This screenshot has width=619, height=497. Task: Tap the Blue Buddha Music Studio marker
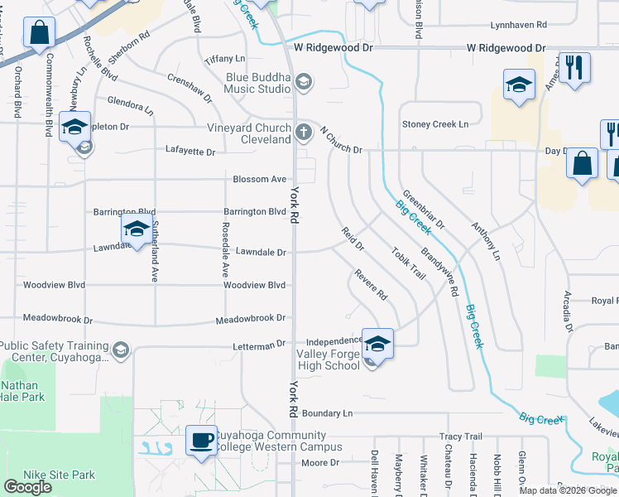point(304,81)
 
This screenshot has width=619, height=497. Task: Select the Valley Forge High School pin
point(377,342)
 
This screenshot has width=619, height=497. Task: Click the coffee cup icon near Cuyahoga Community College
point(200,439)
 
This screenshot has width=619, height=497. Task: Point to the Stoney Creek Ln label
point(435,124)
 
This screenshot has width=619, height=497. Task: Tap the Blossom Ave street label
point(260,179)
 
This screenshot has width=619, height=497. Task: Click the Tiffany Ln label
point(226,58)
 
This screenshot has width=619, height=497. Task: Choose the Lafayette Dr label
point(190,152)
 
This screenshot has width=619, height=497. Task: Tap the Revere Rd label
point(371,283)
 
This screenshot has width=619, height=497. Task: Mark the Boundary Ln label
point(327,413)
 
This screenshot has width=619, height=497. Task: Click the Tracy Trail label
point(461,437)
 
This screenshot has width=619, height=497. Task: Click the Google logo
point(27,487)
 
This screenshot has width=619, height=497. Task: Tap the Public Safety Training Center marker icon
point(121,350)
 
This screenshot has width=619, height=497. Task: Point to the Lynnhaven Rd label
point(519,27)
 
